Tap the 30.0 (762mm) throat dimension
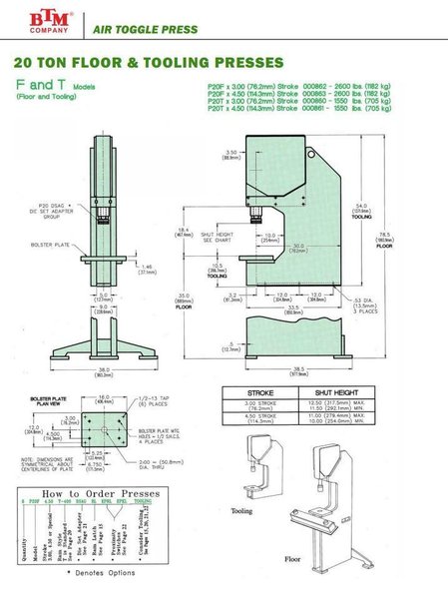click(297, 248)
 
